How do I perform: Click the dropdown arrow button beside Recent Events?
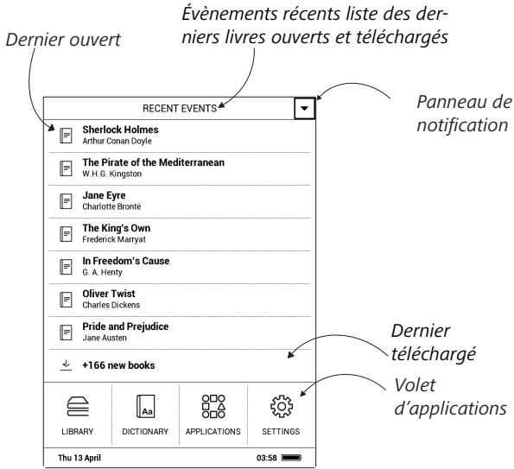(x=305, y=108)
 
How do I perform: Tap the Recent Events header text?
(x=180, y=109)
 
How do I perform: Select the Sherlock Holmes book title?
(x=120, y=130)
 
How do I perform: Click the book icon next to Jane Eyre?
(x=66, y=201)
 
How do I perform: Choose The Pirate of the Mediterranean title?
(x=154, y=162)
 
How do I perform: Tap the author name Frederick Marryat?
(x=114, y=239)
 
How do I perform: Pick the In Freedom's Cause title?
(x=126, y=261)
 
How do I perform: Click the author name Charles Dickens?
(x=111, y=305)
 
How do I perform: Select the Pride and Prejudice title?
(x=125, y=326)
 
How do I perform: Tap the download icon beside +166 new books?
(x=67, y=365)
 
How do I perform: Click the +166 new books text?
(x=118, y=365)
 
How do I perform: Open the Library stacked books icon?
(x=78, y=407)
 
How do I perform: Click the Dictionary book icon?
(x=145, y=407)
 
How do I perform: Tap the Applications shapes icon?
(x=213, y=407)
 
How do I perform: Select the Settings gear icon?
(x=282, y=407)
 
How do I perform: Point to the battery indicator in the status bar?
(x=291, y=458)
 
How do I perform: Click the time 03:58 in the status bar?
(x=267, y=458)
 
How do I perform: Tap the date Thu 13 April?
(x=79, y=458)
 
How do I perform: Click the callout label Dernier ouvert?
(x=63, y=40)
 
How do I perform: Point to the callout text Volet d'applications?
(x=450, y=397)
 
